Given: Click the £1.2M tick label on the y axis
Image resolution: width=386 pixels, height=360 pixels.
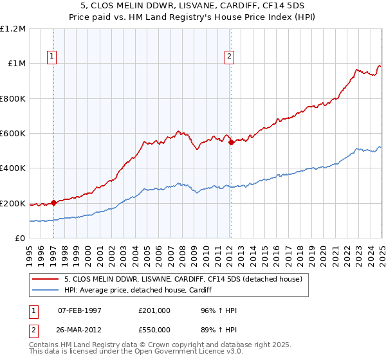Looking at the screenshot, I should click(x=14, y=29).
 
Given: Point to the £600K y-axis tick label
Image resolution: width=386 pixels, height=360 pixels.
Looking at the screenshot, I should click(x=14, y=134).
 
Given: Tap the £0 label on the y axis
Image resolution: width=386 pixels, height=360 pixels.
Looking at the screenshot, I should click(x=21, y=239).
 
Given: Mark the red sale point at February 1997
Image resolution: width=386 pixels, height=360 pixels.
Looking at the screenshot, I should click(x=53, y=203).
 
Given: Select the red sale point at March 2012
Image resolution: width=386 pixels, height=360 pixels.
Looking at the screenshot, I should click(x=231, y=142).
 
